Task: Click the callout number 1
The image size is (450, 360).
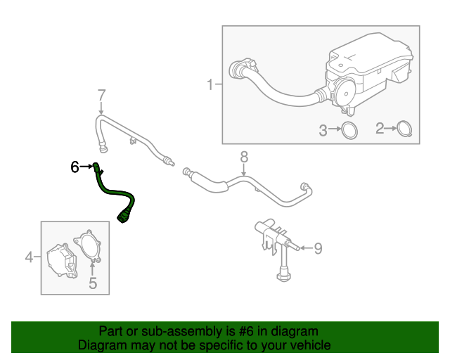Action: (210, 85)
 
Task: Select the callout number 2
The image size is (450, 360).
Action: (380, 129)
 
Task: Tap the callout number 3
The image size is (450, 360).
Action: (324, 130)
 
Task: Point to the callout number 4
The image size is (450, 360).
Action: (30, 258)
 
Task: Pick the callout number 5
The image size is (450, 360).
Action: (92, 283)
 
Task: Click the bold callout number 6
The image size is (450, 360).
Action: (75, 167)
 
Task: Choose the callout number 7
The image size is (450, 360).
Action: (101, 94)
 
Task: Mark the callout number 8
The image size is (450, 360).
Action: (244, 155)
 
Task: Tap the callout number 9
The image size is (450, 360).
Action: (317, 247)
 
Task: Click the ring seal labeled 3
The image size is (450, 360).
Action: (348, 129)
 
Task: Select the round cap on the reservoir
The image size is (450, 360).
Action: (343, 90)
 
